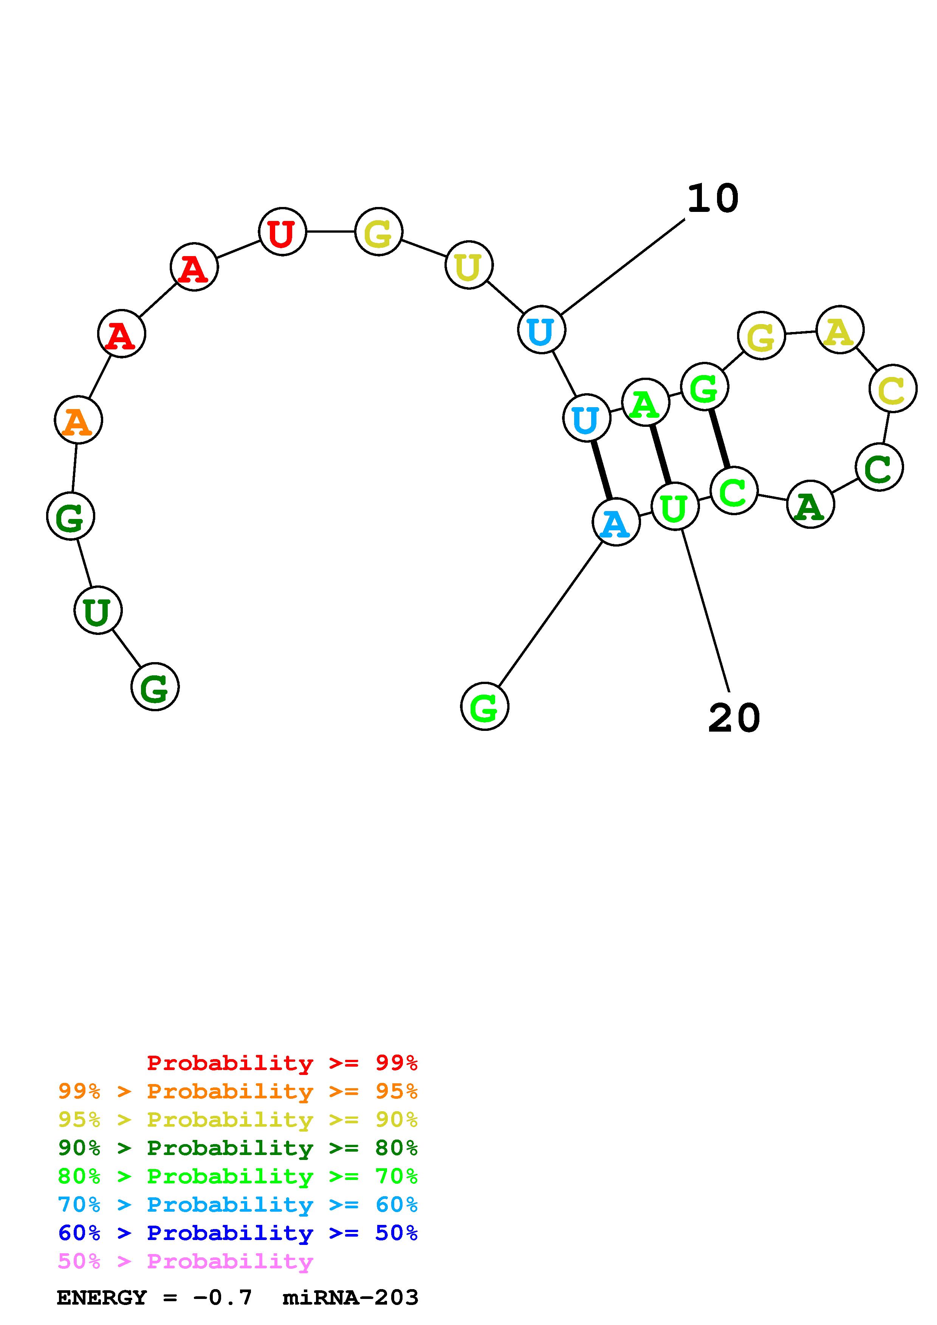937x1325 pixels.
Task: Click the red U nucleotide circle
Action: coord(282,232)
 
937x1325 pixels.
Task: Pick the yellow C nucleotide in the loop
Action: coord(892,388)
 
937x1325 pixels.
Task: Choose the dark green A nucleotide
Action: coord(810,504)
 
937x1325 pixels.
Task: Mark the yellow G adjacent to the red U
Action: coord(378,232)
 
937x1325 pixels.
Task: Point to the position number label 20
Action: coord(734,718)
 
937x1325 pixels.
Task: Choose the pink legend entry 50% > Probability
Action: coord(185,1262)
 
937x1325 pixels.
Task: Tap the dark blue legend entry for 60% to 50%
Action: coord(237,1233)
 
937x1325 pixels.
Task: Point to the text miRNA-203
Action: coord(350,1298)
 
